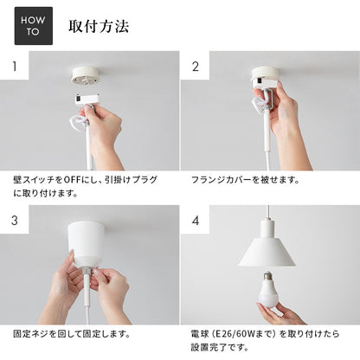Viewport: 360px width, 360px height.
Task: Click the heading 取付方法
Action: tap(99, 26)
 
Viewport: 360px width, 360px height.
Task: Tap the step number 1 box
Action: tap(13, 66)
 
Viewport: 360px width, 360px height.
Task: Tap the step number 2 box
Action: tap(196, 66)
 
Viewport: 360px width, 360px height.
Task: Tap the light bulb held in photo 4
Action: tap(265, 290)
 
